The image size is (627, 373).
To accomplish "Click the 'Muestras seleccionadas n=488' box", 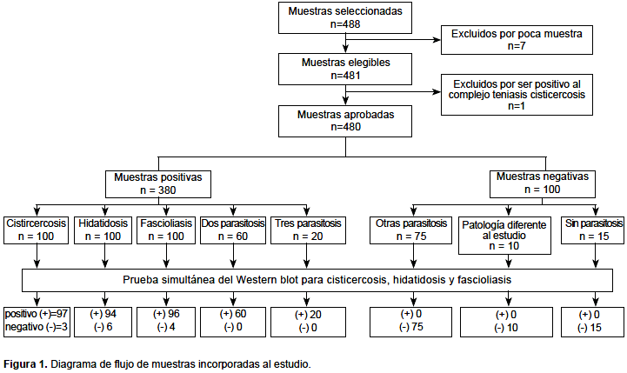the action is [x=345, y=17].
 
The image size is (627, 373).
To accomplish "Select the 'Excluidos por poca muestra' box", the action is [x=517, y=40].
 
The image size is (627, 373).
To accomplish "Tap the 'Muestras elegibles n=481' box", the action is [x=345, y=70].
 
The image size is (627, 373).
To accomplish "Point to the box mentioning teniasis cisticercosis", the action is [x=517, y=95].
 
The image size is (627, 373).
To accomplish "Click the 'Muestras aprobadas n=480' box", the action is [x=345, y=121].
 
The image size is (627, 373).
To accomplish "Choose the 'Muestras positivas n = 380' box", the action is [x=158, y=184].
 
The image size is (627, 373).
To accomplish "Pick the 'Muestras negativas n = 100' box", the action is [x=543, y=184].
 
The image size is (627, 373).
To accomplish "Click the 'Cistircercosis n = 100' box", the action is [x=36, y=230].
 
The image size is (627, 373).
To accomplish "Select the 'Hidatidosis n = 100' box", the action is [x=103, y=230].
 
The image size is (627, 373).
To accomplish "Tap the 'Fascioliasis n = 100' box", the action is [x=166, y=230].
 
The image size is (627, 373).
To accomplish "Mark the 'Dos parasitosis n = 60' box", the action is [x=233, y=230].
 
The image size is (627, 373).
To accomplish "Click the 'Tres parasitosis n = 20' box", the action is [x=308, y=230].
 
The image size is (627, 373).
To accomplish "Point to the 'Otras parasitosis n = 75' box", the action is [x=411, y=230].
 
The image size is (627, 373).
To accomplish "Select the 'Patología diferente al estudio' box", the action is [x=504, y=236].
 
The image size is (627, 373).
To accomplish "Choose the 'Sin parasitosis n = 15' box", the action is [x=592, y=230].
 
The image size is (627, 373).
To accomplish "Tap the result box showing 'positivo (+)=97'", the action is [x=37, y=322].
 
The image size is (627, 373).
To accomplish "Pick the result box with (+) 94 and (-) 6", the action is [x=103, y=322].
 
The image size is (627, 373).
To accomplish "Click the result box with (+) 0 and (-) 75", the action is [x=411, y=322].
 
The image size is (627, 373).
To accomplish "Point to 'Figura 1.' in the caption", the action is [x=25, y=364].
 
